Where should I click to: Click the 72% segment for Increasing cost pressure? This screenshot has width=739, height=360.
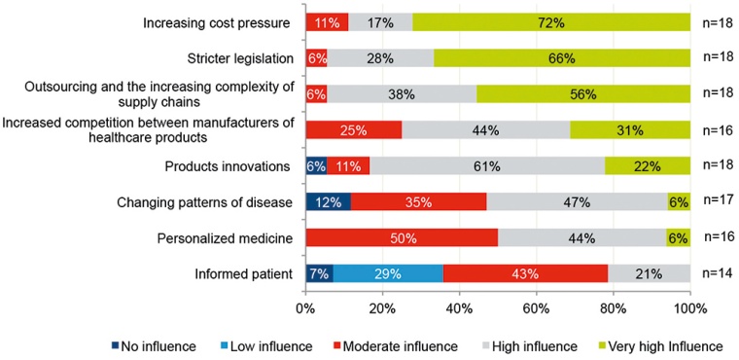[551, 21]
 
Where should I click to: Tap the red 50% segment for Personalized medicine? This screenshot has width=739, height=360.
[401, 237]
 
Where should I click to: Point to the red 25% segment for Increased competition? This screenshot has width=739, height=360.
[354, 129]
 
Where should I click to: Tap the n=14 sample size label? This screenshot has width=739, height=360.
[716, 273]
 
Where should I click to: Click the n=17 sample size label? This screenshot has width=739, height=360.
[716, 201]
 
